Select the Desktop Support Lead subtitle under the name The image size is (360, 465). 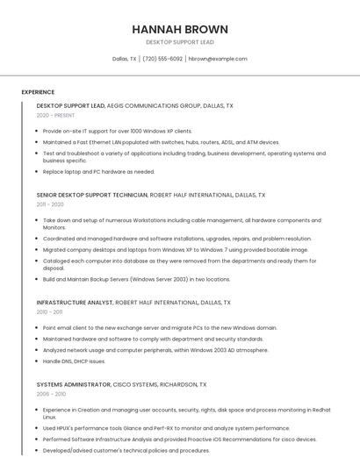(x=179, y=41)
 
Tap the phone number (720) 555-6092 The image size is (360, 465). (x=162, y=59)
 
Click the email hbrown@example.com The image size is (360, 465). (x=219, y=59)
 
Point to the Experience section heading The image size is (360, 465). (x=38, y=92)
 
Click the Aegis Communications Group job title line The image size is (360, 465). (x=134, y=105)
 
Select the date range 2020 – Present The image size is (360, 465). (x=55, y=115)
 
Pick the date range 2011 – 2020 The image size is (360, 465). (x=50, y=204)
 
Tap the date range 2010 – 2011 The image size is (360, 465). (x=49, y=311)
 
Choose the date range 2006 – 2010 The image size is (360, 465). (x=50, y=394)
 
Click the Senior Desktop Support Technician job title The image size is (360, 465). (x=92, y=195)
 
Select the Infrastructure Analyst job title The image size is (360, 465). (x=75, y=303)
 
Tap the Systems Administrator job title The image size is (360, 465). (x=74, y=384)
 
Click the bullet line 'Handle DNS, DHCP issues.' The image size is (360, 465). (x=74, y=361)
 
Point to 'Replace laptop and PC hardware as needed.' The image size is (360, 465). (x=98, y=172)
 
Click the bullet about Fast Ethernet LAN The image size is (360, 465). (x=161, y=142)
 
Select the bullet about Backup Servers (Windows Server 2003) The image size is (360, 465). (x=136, y=279)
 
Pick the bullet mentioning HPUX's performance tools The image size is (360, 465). (x=166, y=428)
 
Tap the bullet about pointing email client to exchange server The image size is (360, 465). (x=160, y=327)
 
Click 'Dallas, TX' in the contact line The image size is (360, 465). (x=125, y=59)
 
